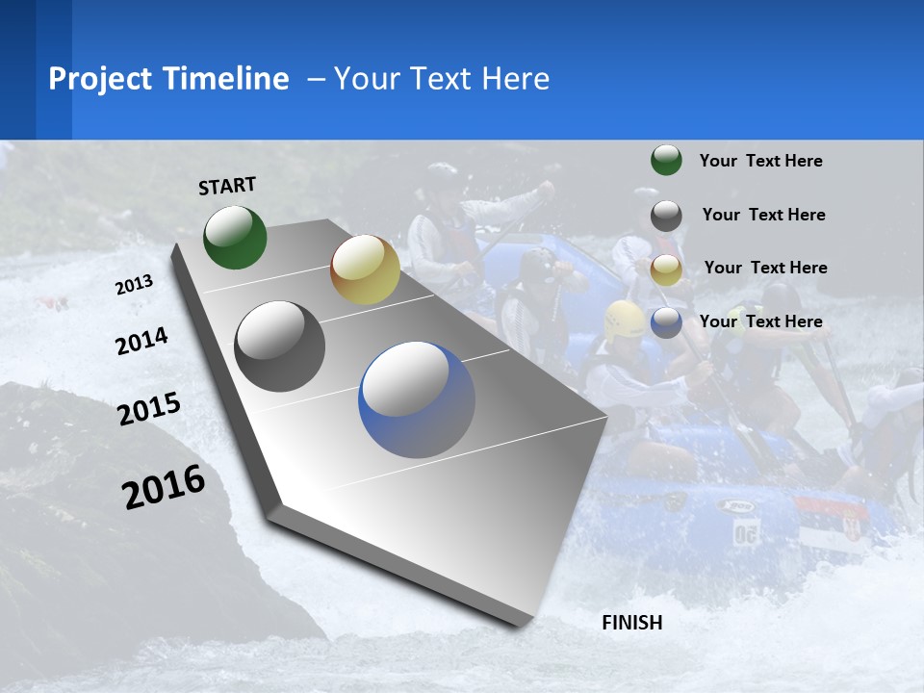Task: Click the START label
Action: coord(227,186)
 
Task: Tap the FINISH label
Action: coord(631,623)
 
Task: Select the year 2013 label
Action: coord(134,284)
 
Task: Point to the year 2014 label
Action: coord(141,341)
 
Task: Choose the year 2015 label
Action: coord(149,408)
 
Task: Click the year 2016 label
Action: coord(164,486)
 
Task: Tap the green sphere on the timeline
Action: coord(235,237)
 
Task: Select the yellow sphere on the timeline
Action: coord(365,269)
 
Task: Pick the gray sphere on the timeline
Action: coord(280,346)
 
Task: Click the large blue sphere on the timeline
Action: coord(417,399)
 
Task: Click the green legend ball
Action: coord(666,160)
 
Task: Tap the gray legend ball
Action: coord(666,216)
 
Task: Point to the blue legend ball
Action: coord(666,322)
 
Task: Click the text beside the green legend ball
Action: coord(760,161)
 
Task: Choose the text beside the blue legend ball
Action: coord(760,321)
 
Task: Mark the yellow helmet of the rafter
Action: coord(625,318)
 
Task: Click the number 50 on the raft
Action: coord(745,532)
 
